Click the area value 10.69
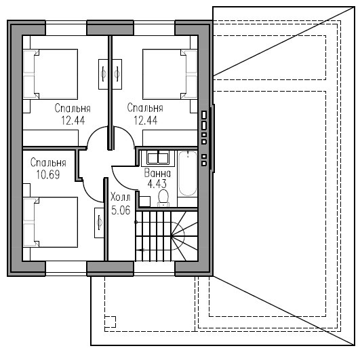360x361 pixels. pos(48,175)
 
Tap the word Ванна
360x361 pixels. pos(157,173)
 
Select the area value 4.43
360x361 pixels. pos(157,184)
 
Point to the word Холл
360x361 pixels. pos(120,197)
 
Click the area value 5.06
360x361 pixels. pos(121,210)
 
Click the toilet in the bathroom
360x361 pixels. pos(163,198)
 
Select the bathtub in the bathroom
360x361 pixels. pos(188,173)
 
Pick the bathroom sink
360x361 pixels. pos(158,158)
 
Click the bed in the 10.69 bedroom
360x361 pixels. pos(50,222)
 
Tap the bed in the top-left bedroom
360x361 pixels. pos(50,74)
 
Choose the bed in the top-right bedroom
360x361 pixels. pos(170,74)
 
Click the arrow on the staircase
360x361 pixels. pos(140,250)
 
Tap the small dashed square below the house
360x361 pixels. pos(110,322)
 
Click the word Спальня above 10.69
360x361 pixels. pos(48,163)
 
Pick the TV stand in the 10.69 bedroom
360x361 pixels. pos(99,223)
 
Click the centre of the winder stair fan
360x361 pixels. pos(171,235)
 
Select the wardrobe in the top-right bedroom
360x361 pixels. pos(170,138)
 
